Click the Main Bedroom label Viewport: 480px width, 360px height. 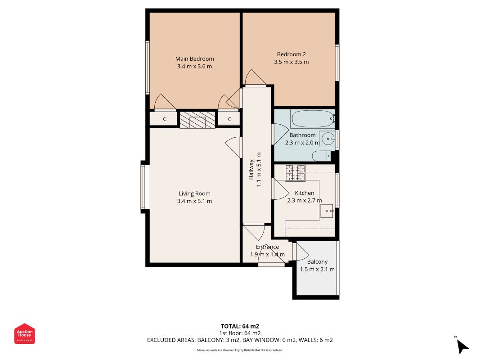tap(194, 59)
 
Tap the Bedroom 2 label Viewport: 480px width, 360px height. tap(291, 54)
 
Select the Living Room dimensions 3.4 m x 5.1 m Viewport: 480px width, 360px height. tap(194, 201)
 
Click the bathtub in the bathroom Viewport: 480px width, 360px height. tap(312, 119)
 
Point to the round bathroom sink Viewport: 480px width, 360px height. tap(327, 139)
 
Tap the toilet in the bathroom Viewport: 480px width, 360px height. tap(322, 156)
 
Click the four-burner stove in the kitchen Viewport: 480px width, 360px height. tap(295, 173)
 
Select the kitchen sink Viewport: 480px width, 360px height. tap(327, 211)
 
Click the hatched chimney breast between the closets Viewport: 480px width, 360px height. tap(197, 120)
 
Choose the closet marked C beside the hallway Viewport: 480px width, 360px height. tap(229, 119)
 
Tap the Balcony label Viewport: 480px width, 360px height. tap(317, 262)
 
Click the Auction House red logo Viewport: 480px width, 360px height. tap(24, 333)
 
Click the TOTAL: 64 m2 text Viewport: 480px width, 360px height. tap(240, 326)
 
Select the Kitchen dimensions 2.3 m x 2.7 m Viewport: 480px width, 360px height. tap(304, 201)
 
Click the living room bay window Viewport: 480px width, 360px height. tap(143, 187)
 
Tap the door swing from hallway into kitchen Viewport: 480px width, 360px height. tap(280, 189)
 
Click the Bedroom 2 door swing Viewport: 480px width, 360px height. tap(255, 77)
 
